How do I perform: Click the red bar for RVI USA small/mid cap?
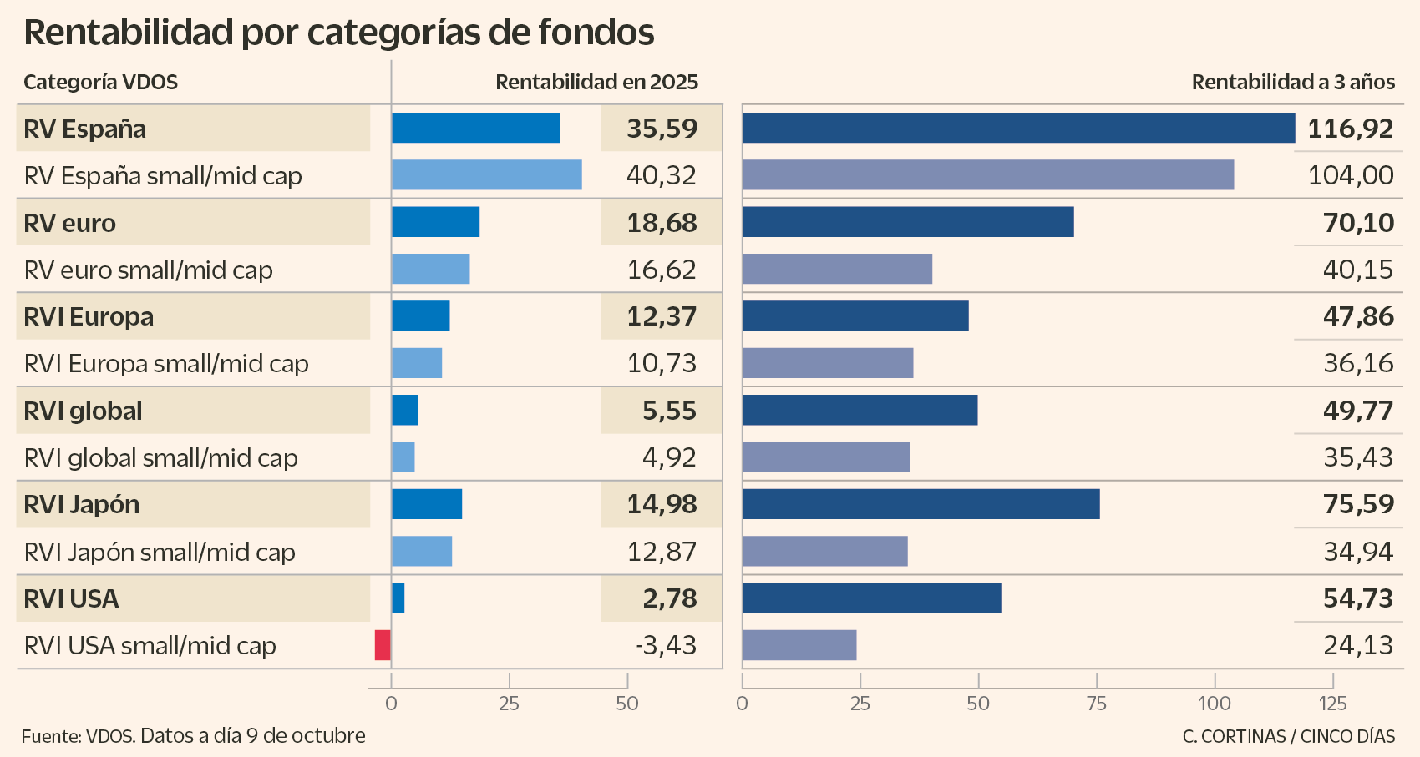click(x=383, y=645)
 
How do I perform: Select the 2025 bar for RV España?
click(x=475, y=128)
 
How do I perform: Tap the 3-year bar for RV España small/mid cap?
click(x=987, y=174)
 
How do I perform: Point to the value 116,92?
click(x=1350, y=129)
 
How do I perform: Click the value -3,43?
click(x=666, y=645)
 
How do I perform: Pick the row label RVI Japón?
click(x=82, y=505)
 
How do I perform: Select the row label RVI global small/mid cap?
click(x=160, y=457)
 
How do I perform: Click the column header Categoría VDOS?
click(x=100, y=82)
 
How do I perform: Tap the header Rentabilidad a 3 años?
click(x=1293, y=82)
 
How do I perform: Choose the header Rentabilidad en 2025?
click(x=596, y=82)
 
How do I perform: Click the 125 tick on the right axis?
click(x=1332, y=704)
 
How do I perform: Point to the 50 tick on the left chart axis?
click(x=626, y=704)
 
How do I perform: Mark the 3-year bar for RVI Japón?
click(x=920, y=504)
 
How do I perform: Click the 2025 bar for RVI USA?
click(x=398, y=598)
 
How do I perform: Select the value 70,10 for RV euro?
click(x=1358, y=223)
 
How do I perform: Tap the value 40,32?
click(x=661, y=175)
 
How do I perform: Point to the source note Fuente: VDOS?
click(x=79, y=735)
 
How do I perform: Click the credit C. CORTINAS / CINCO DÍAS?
click(x=1288, y=736)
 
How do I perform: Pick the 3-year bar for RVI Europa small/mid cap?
click(x=827, y=363)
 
